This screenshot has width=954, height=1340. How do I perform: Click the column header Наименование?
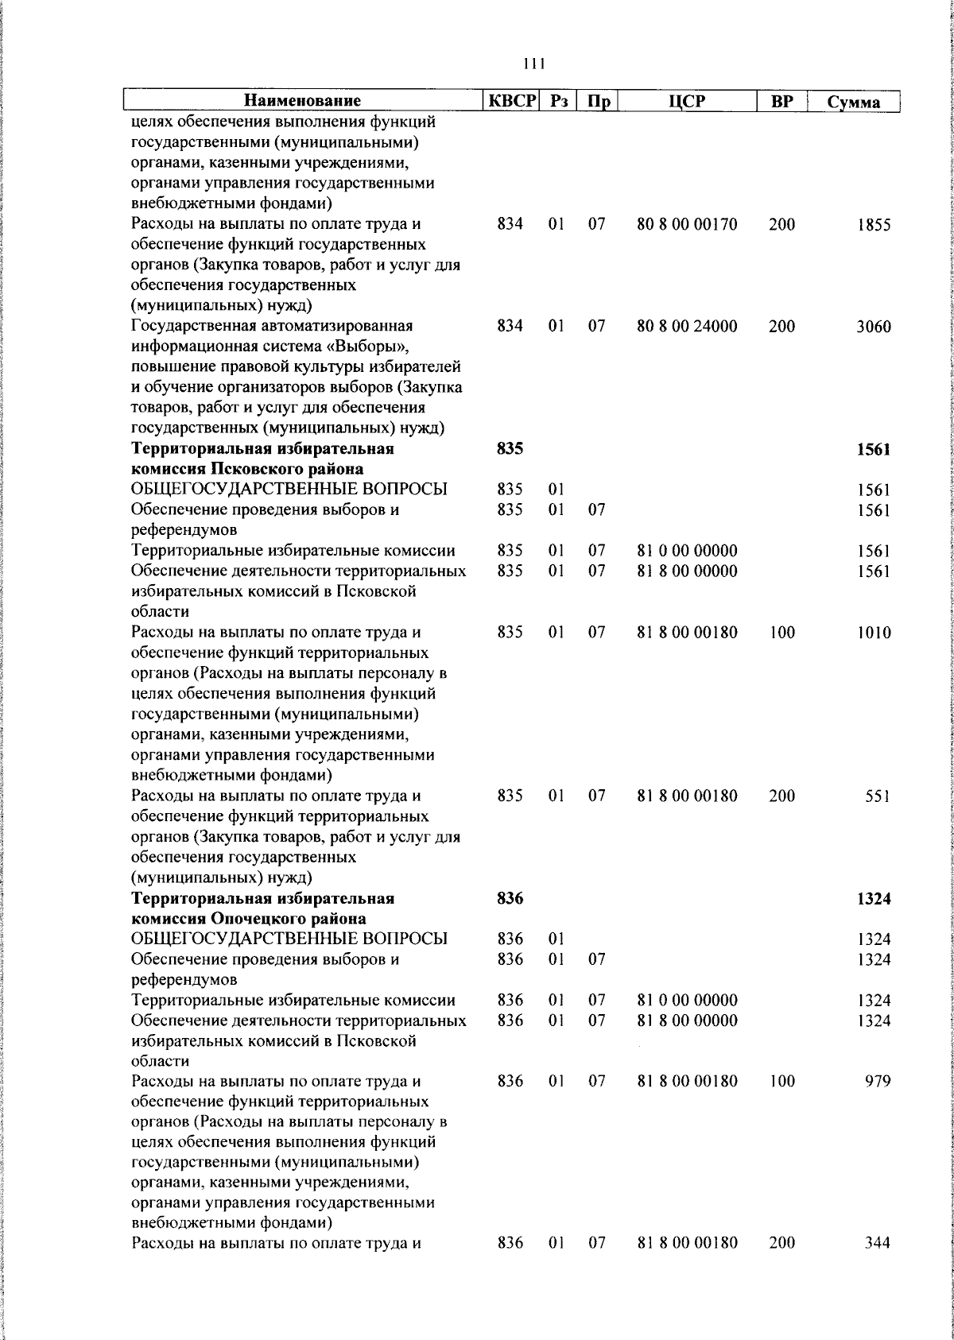[x=302, y=101]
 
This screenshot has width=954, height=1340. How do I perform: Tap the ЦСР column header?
[x=687, y=101]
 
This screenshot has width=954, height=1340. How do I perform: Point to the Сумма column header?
[x=853, y=102]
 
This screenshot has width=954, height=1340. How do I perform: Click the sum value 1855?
[x=874, y=225]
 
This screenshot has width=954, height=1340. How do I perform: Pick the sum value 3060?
[x=874, y=327]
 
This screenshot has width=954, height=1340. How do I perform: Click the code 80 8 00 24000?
[x=687, y=326]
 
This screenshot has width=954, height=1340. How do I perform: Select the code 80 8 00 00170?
[x=687, y=224]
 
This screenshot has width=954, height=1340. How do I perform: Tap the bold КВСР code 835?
[x=510, y=449]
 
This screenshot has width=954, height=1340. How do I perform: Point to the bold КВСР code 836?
[x=510, y=898]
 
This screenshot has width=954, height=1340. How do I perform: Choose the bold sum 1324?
[x=874, y=899]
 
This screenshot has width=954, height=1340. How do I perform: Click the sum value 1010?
[x=874, y=633]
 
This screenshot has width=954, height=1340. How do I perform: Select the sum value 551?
[x=878, y=796]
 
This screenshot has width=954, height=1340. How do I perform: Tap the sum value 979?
[x=878, y=1082]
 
